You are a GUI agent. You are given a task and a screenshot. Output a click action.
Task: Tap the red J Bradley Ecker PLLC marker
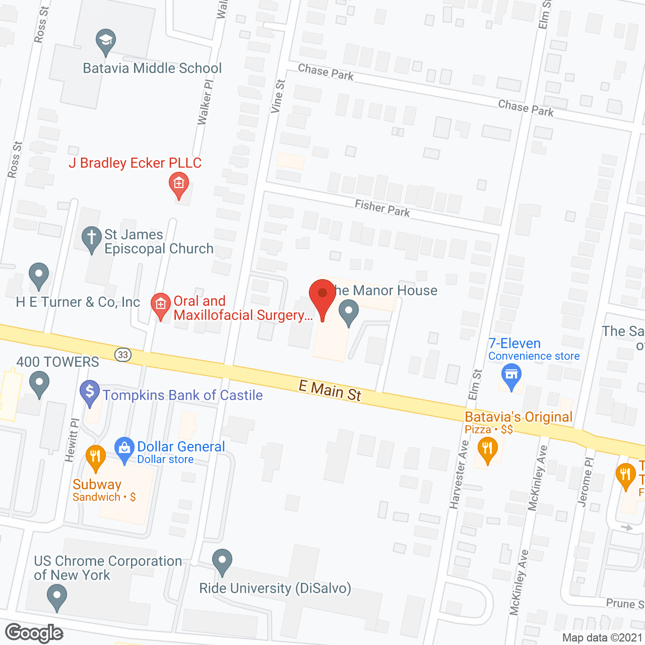pyautogui.click(x=178, y=183)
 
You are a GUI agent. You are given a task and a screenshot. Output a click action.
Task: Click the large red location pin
pyautogui.click(x=322, y=294)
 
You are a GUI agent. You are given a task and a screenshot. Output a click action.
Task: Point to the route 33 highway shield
pyautogui.click(x=123, y=355)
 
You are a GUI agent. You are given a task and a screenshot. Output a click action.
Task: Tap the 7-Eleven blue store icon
pyautogui.click(x=511, y=375)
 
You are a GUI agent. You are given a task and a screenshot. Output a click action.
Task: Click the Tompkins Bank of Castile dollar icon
pyautogui.click(x=90, y=392)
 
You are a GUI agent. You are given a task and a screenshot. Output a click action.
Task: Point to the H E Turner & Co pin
pyautogui.click(x=39, y=275)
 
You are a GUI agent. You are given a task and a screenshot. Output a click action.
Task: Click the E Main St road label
pyautogui.click(x=330, y=391)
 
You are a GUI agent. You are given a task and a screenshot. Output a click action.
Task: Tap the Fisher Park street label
pyautogui.click(x=382, y=208)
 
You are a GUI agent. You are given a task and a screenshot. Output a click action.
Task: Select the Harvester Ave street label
pyautogui.click(x=459, y=475)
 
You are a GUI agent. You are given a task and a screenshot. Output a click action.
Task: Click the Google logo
pyautogui.click(x=34, y=633)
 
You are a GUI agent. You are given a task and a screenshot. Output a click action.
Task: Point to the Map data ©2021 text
pyautogui.click(x=603, y=637)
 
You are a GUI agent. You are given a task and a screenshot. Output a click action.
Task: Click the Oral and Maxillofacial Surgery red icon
pyautogui.click(x=161, y=305)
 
